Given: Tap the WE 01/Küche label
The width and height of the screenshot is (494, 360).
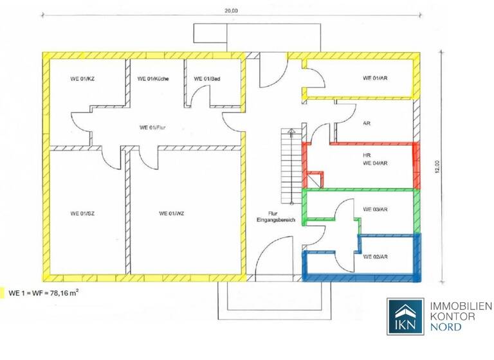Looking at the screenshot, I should (153, 79).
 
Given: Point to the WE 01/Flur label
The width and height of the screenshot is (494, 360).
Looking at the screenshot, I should (153, 127).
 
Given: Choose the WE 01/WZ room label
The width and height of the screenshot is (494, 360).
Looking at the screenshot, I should (172, 213).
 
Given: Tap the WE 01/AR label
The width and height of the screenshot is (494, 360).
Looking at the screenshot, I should (375, 79).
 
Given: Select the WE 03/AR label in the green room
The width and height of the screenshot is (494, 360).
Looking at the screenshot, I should (375, 210).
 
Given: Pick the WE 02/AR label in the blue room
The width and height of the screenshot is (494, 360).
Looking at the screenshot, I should (375, 257).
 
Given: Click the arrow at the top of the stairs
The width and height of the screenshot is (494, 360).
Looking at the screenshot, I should (291, 132).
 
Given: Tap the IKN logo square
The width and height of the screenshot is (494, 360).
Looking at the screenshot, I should (405, 317).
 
